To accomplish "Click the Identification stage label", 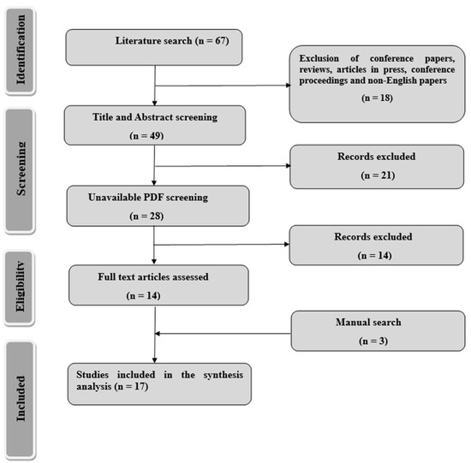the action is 20,50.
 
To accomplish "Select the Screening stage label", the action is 20,170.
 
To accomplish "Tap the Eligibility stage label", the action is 19,288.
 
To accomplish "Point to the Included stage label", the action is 21,400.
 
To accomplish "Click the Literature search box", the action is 154,47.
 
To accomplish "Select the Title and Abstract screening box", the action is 155,125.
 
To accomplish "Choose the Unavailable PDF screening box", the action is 158,205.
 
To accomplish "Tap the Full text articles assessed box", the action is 158,285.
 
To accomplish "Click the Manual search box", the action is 378,330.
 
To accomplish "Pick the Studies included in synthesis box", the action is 159,383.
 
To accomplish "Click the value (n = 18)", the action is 377,98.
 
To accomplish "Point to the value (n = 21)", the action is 378,175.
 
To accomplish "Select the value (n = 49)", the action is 146,136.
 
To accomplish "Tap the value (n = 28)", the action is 146,216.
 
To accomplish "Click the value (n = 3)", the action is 373,341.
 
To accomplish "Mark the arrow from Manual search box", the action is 223,333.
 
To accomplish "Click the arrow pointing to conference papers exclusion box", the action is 223,86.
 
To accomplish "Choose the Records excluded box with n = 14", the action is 377,245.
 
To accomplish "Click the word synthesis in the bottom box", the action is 224,376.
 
